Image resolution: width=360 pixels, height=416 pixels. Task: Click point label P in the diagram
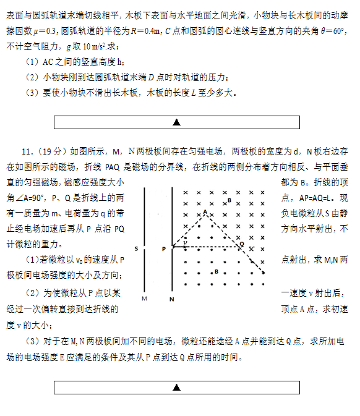click(163, 248)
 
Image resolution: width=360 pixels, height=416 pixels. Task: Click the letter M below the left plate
click(144, 299)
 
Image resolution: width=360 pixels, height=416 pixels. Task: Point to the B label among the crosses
click(229, 201)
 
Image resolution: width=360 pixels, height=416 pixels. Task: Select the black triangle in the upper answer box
click(177, 122)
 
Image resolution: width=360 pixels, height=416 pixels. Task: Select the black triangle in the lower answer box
click(177, 388)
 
